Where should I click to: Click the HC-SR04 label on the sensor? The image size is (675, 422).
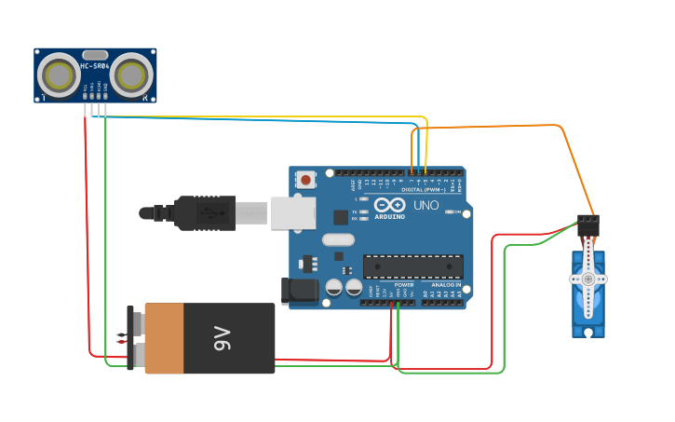point(95,66)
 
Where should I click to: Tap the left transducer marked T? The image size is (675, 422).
point(59,75)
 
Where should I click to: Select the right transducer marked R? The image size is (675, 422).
point(132,75)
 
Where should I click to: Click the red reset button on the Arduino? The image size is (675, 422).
point(304,178)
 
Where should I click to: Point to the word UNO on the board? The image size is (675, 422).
point(425,205)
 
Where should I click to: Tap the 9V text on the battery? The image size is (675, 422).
point(221,337)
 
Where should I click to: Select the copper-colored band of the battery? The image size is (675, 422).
point(165,337)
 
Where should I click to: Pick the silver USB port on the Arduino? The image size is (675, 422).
point(292,212)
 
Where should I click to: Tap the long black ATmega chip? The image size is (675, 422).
point(412,266)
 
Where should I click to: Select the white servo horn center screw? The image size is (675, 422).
point(587,279)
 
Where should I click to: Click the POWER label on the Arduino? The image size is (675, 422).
point(403,285)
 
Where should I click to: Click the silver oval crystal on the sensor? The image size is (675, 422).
point(95,55)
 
